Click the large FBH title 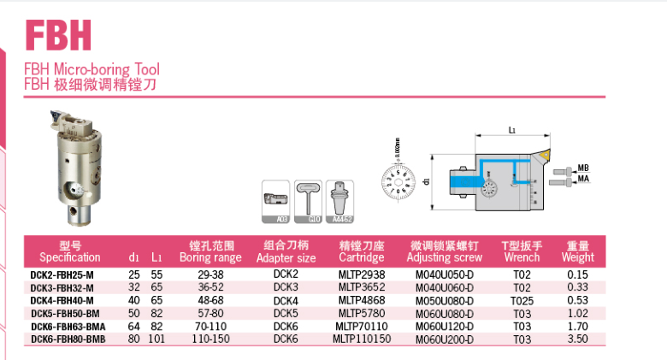58,35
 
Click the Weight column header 577,251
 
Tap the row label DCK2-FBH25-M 62,274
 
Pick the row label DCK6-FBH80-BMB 69,339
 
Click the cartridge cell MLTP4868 362,300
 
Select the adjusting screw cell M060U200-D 444,339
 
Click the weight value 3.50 577,339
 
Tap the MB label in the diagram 583,168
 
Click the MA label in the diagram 583,179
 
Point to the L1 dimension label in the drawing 511,131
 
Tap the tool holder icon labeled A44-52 341,203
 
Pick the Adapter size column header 286,251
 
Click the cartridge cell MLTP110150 362,339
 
